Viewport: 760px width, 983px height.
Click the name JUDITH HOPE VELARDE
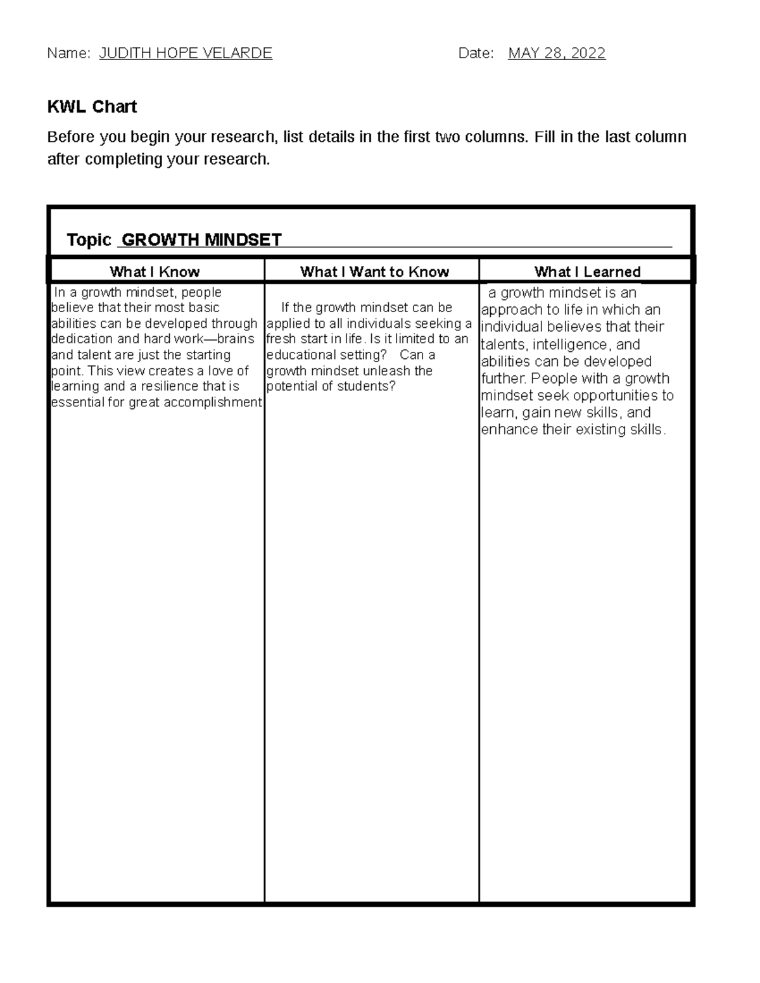pyautogui.click(x=186, y=53)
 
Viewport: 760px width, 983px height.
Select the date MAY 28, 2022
pyautogui.click(x=557, y=53)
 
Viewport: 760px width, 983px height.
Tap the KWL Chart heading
pyautogui.click(x=92, y=106)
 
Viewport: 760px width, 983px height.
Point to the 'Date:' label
pyautogui.click(x=476, y=53)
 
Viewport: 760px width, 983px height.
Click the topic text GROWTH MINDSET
pyautogui.click(x=201, y=240)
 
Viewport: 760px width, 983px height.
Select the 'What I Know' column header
pyautogui.click(x=155, y=272)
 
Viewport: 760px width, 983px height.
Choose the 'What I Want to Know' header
pyautogui.click(x=374, y=272)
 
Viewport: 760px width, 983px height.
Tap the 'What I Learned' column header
pyautogui.click(x=587, y=272)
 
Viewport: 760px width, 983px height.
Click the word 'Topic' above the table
pyautogui.click(x=89, y=240)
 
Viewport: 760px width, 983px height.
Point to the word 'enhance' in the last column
pyautogui.click(x=505, y=430)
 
